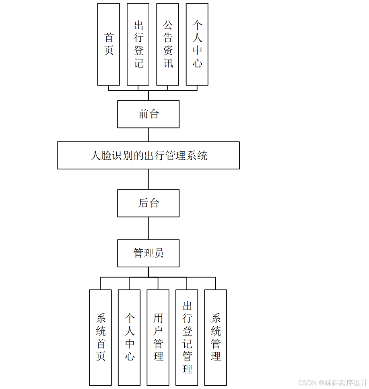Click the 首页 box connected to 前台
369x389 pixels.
click(x=109, y=44)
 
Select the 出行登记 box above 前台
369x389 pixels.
click(x=138, y=44)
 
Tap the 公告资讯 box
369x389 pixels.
click(x=167, y=44)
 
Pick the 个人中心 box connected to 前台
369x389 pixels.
click(x=197, y=44)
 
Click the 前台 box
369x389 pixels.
click(x=148, y=114)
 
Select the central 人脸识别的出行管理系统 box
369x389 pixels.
click(x=148, y=155)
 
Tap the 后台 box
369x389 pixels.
click(x=148, y=203)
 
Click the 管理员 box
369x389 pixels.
click(x=148, y=253)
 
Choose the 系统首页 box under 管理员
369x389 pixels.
click(x=101, y=337)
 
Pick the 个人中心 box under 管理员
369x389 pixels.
click(x=129, y=337)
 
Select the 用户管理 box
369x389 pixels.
click(x=158, y=337)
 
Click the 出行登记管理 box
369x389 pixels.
click(x=187, y=337)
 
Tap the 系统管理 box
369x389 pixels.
click(x=216, y=337)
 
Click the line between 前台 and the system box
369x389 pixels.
click(x=148, y=134)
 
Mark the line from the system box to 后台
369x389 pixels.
click(x=148, y=179)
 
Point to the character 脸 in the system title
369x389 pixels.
click(x=106, y=156)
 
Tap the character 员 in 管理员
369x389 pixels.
click(x=159, y=253)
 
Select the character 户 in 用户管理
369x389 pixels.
click(x=158, y=331)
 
